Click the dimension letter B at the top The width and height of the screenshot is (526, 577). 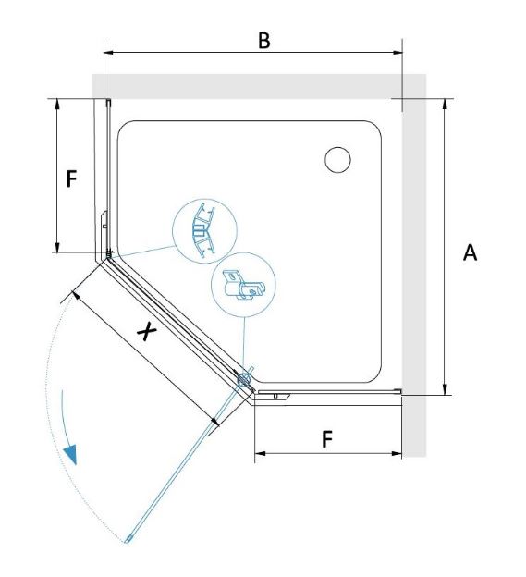pyautogui.click(x=264, y=41)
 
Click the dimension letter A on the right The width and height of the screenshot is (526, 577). pyautogui.click(x=470, y=252)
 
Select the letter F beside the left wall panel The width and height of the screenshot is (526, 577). pyautogui.click(x=71, y=178)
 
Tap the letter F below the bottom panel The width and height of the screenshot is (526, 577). pyautogui.click(x=327, y=439)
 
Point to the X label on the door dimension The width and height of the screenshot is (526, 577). pyautogui.click(x=147, y=331)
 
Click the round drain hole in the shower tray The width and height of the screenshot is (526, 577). pyautogui.click(x=337, y=160)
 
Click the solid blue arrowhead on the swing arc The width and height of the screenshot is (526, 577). pyautogui.click(x=70, y=454)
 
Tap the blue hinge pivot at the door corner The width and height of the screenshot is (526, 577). pyautogui.click(x=244, y=379)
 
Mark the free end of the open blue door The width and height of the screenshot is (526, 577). pyautogui.click(x=128, y=540)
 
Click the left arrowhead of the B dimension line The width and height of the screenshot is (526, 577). pyautogui.click(x=109, y=53)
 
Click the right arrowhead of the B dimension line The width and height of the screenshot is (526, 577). pyautogui.click(x=398, y=53)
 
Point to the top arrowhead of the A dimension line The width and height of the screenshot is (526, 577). pyautogui.click(x=445, y=104)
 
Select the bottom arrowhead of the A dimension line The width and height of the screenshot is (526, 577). pyautogui.click(x=445, y=389)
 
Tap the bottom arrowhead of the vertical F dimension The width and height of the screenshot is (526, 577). pyautogui.click(x=57, y=247)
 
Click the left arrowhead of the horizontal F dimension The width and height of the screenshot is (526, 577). pyautogui.click(x=260, y=453)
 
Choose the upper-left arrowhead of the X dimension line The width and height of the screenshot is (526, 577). pyautogui.click(x=76, y=295)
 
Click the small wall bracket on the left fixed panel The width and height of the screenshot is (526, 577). pyautogui.click(x=104, y=219)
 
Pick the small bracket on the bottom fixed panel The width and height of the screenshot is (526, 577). pyautogui.click(x=275, y=395)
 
